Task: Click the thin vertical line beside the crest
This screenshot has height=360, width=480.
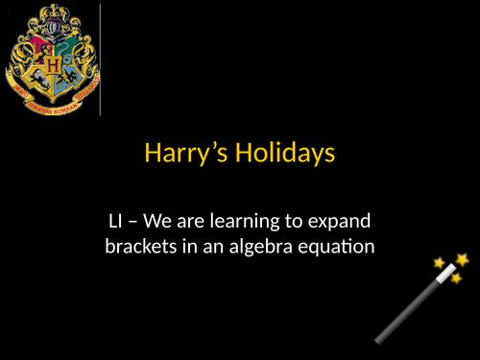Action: point(101,58)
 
